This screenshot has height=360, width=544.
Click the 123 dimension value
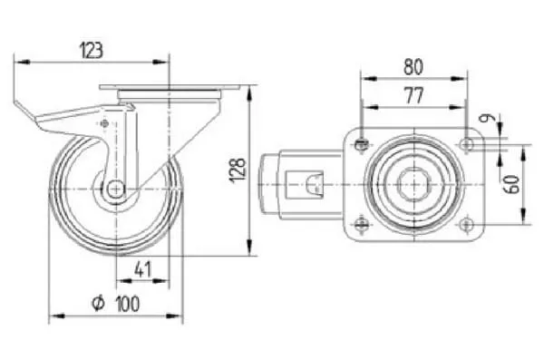[92, 51]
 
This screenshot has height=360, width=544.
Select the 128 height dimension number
[238, 170]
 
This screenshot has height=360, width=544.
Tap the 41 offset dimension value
[142, 269]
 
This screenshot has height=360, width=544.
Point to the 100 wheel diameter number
[128, 304]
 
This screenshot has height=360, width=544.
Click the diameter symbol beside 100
[98, 303]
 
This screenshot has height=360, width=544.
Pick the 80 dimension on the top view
[413, 67]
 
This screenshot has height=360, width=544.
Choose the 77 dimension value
[414, 96]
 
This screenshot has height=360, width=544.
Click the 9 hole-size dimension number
[484, 119]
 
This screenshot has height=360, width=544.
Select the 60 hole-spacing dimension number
[513, 184]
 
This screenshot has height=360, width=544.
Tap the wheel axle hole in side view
[115, 190]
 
